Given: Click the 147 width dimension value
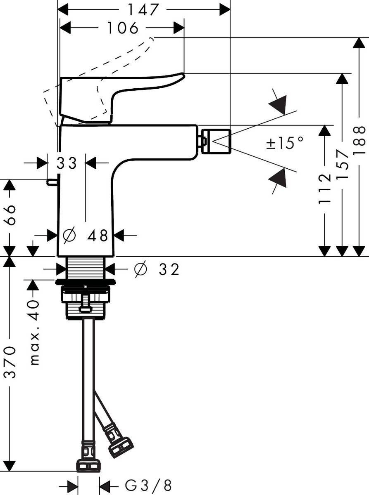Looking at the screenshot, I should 143,9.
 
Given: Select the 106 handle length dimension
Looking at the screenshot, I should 122,28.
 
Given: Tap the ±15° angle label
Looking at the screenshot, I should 285,143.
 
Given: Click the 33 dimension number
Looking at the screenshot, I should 67,163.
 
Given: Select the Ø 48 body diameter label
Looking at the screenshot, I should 86,236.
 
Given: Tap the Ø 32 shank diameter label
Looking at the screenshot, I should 157,269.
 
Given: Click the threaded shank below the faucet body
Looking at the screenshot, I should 86,267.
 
